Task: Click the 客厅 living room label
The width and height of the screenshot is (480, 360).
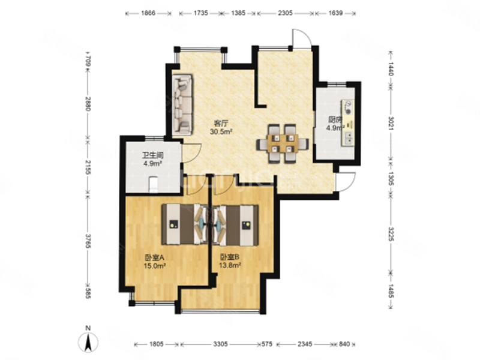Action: pyautogui.click(x=221, y=124)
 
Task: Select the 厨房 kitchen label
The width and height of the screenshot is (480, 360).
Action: pyautogui.click(x=335, y=119)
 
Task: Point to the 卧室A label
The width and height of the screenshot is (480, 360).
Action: pyautogui.click(x=155, y=257)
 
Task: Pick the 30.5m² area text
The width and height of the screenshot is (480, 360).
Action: pyautogui.click(x=221, y=132)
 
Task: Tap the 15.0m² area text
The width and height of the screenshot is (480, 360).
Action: pyautogui.click(x=155, y=265)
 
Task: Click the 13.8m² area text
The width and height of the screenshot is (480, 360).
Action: pyautogui.click(x=230, y=265)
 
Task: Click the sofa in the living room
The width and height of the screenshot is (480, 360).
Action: pyautogui.click(x=182, y=104)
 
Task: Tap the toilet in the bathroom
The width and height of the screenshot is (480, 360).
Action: pyautogui.click(x=153, y=185)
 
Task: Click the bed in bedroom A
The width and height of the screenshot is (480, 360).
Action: pyautogui.click(x=185, y=224)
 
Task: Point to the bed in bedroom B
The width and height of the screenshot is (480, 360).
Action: pyautogui.click(x=235, y=225)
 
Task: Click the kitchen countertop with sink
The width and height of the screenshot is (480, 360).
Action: pyautogui.click(x=348, y=123)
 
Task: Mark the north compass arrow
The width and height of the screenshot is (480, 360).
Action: pyautogui.click(x=88, y=342)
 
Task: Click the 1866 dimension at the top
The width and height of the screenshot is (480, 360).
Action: pyautogui.click(x=148, y=13)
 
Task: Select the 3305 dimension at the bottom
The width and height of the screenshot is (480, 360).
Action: pyautogui.click(x=220, y=344)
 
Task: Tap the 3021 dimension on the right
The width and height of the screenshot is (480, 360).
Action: pyautogui.click(x=391, y=122)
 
